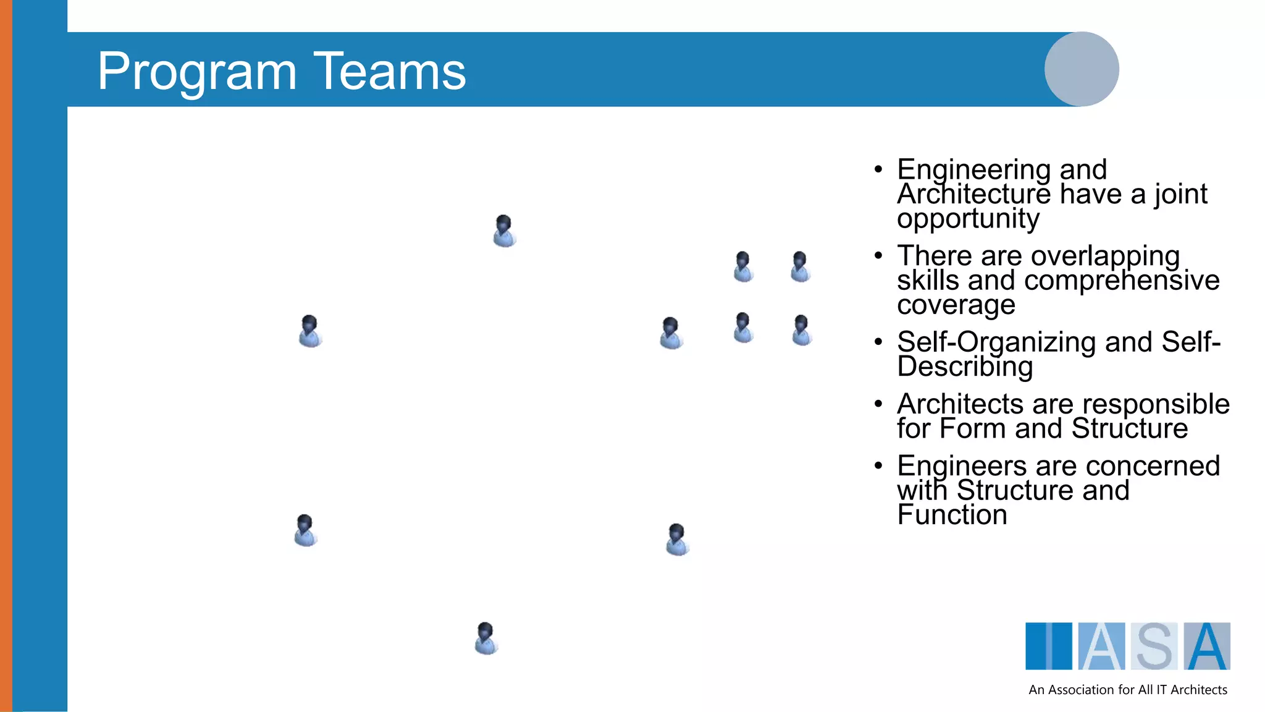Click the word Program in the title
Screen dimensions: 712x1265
click(196, 72)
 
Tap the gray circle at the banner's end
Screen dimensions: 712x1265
click(1081, 69)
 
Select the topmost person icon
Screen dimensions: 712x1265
click(504, 231)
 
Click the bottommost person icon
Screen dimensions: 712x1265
click(486, 638)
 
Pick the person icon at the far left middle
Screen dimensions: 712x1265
click(309, 331)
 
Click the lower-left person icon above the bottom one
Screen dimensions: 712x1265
click(305, 530)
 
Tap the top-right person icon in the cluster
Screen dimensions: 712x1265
click(800, 267)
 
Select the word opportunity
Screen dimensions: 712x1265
click(968, 219)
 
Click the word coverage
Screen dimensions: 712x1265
click(956, 305)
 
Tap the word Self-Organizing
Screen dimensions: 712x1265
click(996, 342)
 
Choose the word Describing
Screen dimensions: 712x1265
click(964, 367)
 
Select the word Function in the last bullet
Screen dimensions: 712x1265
click(952, 515)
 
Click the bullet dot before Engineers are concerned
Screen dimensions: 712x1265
click(878, 465)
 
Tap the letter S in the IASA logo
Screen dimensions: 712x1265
click(1154, 646)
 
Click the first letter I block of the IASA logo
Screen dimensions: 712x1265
click(1048, 646)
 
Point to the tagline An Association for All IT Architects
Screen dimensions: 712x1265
click(1127, 690)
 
